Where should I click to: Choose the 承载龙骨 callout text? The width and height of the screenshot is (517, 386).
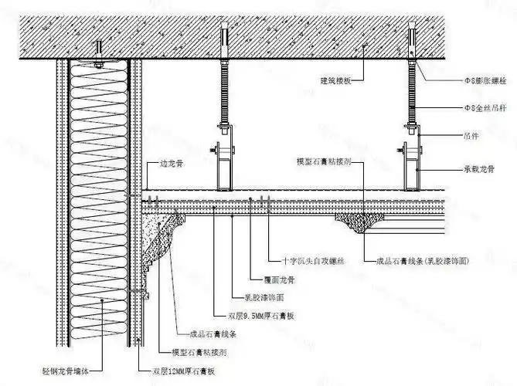coord(478,168)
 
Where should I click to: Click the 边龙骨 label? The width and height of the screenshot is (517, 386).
coord(171,164)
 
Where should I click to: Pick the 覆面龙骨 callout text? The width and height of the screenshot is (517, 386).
coord(270,282)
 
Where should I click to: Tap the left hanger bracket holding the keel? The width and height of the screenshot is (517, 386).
coord(224,164)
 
